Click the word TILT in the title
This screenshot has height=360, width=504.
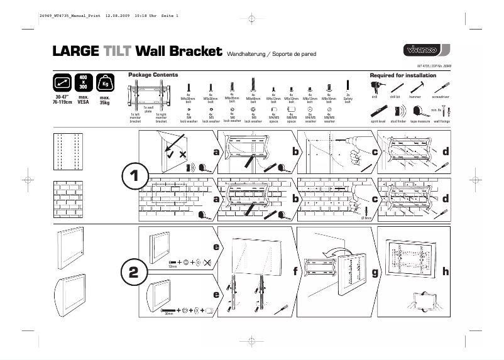(117, 52)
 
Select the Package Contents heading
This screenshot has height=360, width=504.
(148, 75)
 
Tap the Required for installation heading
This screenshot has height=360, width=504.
(403, 75)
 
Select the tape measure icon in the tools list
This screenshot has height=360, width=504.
(419, 111)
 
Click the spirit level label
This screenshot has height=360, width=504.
(378, 121)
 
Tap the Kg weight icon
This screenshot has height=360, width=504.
(105, 84)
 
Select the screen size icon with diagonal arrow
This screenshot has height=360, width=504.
(62, 83)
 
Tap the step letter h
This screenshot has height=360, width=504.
(446, 272)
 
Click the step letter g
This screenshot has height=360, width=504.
(375, 273)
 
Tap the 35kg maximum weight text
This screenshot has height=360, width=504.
(106, 101)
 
